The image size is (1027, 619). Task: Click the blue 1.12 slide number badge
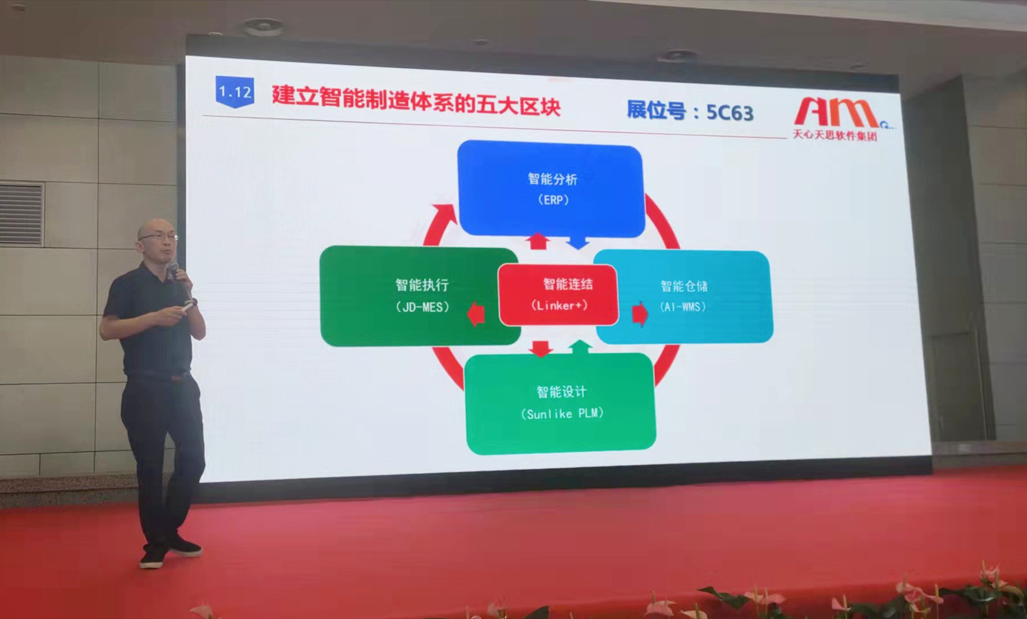235,92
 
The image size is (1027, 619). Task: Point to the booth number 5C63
729,112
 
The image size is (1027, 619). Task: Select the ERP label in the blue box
553,200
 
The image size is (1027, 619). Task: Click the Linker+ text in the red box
559,305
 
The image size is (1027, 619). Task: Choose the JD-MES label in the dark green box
422,307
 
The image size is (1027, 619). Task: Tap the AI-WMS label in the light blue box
682,307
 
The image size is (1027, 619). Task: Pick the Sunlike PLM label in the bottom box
562,414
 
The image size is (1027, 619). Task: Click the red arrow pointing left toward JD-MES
476,314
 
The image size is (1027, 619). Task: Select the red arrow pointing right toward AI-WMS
640,314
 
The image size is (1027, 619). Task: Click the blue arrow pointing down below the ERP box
578,242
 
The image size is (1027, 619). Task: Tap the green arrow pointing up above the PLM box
580,346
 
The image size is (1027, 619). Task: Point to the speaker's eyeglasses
158,236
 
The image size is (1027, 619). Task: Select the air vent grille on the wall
22,214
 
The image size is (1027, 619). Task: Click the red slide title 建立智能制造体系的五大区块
416,100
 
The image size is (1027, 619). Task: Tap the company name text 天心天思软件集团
834,135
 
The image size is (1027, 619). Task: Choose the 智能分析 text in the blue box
552,179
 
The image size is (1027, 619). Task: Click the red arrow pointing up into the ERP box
538,241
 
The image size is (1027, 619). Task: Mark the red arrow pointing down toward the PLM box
540,348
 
